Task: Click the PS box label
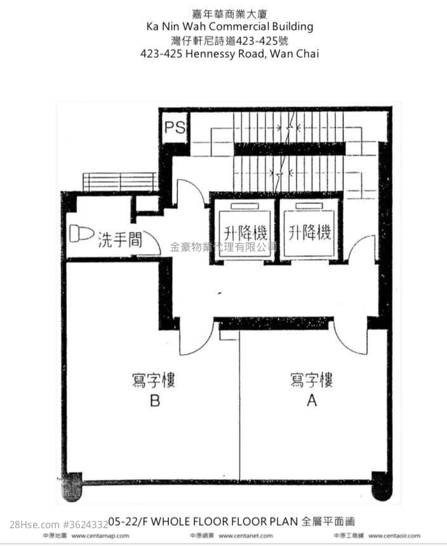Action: (x=175, y=127)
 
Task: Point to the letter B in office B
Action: (x=154, y=401)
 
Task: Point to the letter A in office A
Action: (x=311, y=401)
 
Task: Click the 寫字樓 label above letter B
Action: (x=154, y=381)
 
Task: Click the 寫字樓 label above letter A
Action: (x=311, y=381)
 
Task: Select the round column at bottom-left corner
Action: (x=72, y=486)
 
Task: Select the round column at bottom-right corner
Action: (x=381, y=485)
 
